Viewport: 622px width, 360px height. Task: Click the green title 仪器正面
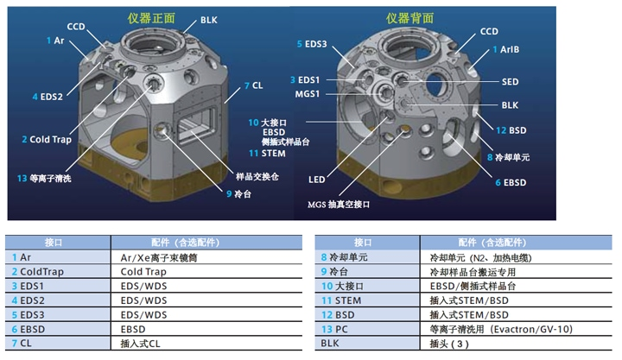(x=151, y=18)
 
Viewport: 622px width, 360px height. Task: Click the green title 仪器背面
(x=409, y=18)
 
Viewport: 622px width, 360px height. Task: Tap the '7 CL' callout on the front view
(x=253, y=85)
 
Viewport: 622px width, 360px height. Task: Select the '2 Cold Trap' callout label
(x=47, y=140)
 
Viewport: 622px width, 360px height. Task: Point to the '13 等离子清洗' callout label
(x=44, y=179)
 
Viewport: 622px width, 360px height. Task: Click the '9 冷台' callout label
(x=238, y=194)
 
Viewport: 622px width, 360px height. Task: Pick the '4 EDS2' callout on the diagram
(x=48, y=97)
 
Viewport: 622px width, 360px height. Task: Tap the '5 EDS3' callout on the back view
(x=312, y=44)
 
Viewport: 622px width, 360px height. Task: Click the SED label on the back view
(x=511, y=82)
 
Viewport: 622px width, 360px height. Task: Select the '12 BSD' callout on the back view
(x=511, y=130)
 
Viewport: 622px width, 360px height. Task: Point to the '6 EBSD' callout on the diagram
(x=511, y=183)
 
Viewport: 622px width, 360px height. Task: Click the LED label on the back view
(x=316, y=180)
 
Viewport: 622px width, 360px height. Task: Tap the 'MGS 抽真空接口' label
(x=339, y=205)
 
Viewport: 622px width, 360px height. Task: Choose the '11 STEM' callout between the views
(x=267, y=154)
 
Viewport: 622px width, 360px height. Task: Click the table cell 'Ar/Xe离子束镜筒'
(x=159, y=258)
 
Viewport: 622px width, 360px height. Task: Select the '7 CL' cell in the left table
(x=22, y=344)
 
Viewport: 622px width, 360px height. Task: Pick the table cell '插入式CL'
(x=141, y=344)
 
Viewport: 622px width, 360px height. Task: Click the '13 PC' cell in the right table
(x=334, y=329)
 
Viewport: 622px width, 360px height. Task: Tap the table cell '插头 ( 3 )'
(x=449, y=344)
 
